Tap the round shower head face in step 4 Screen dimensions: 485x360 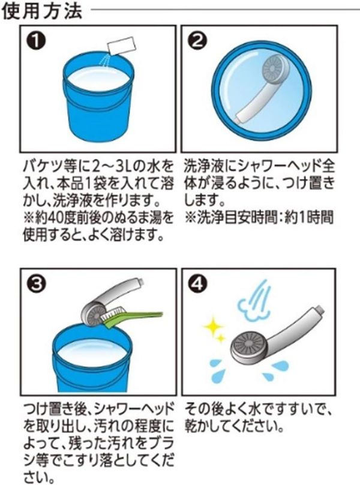tap(247, 348)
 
